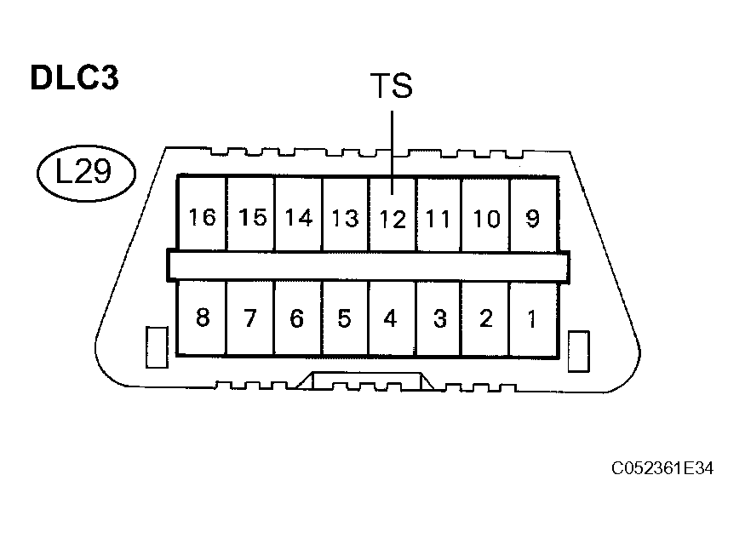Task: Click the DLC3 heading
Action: pos(75,77)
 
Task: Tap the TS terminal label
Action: pos(392,85)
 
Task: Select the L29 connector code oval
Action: pos(87,173)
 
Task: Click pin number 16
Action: pos(203,217)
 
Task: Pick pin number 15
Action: pos(252,217)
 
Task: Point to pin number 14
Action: pos(299,218)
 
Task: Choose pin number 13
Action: pos(345,219)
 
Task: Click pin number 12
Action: pos(393,220)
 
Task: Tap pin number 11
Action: pos(438,220)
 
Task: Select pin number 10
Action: pos(486,219)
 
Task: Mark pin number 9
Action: pos(533,219)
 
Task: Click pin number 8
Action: pos(203,318)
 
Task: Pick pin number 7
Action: pos(250,318)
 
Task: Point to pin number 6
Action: pos(296,318)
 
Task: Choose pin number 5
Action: pos(344,318)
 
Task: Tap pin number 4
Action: pos(390,318)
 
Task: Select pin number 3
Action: pos(440,318)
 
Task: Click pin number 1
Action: pos(531,319)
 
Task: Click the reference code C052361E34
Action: pos(662,468)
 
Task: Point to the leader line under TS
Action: pos(392,152)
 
